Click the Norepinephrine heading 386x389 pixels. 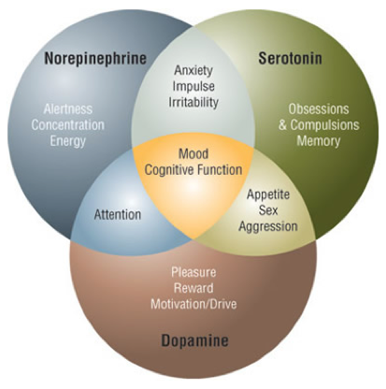[x=95, y=59]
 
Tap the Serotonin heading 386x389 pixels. [x=291, y=58]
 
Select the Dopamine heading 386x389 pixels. [x=194, y=340]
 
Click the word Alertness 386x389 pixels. [x=68, y=109]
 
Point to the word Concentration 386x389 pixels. [x=68, y=125]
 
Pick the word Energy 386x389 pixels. [x=68, y=141]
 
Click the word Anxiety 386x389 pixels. [x=193, y=70]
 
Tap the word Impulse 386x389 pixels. [x=193, y=86]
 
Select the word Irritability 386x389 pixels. [x=193, y=102]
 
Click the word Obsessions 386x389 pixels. [x=319, y=109]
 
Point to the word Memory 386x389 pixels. [x=319, y=141]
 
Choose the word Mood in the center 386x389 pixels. [x=193, y=154]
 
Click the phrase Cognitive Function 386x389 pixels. [x=193, y=170]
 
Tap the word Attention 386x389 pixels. [x=118, y=215]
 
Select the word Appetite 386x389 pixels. [x=268, y=194]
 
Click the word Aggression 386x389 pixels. [x=268, y=226]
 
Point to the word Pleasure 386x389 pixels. [x=193, y=272]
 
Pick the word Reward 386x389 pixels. [x=193, y=288]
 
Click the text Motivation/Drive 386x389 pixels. [x=193, y=304]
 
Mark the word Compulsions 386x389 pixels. [x=325, y=125]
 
